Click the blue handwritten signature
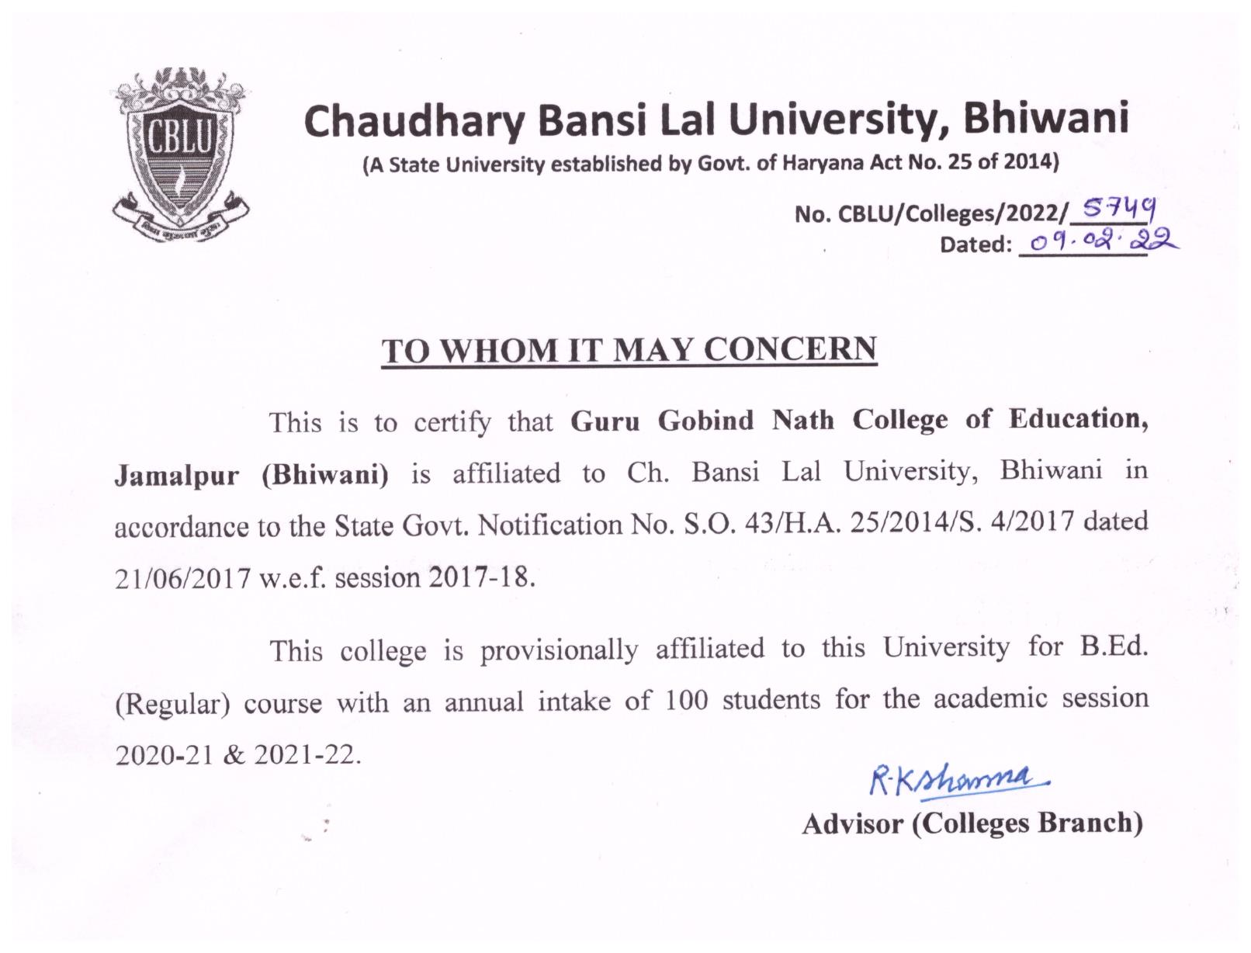[959, 778]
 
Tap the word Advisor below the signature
[853, 823]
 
